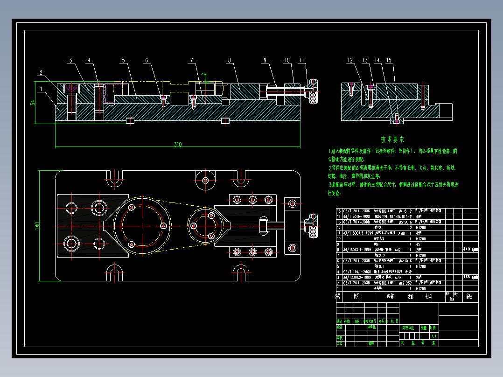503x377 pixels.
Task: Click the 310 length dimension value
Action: (178, 145)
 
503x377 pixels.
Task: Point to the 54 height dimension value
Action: (33, 102)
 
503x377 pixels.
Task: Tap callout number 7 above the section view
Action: (191, 60)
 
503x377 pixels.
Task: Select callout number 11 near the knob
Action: (302, 60)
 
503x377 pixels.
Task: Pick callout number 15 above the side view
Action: (389, 60)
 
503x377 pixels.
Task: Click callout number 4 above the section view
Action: (89, 60)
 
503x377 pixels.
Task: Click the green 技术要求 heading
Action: (392, 139)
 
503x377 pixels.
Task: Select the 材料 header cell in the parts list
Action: (427, 296)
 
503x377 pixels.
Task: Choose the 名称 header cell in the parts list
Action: (390, 296)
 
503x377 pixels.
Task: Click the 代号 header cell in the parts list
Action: (356, 296)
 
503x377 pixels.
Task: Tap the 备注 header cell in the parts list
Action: (469, 296)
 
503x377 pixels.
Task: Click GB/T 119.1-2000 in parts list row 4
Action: (357, 272)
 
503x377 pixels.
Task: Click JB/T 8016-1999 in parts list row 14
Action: (357, 216)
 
